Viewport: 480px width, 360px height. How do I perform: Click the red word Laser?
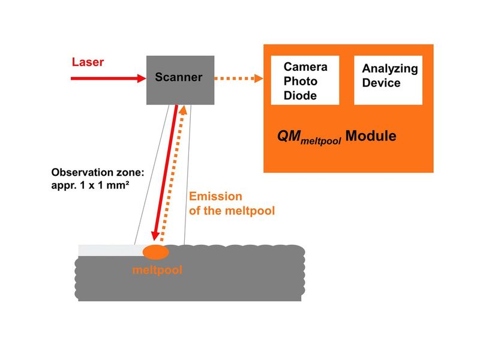click(88, 62)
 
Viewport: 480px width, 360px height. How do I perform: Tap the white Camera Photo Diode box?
click(305, 80)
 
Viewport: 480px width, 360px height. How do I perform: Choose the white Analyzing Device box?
click(388, 80)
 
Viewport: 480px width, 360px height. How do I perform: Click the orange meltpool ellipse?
click(155, 252)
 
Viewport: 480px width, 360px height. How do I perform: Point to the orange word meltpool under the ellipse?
click(157, 270)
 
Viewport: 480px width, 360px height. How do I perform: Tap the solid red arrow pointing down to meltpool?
click(166, 174)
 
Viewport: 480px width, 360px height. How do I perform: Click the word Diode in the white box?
click(300, 95)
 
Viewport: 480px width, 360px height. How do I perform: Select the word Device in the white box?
click(381, 83)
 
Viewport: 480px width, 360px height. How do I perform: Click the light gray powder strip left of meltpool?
click(111, 250)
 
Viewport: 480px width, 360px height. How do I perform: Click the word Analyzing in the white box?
click(390, 68)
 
